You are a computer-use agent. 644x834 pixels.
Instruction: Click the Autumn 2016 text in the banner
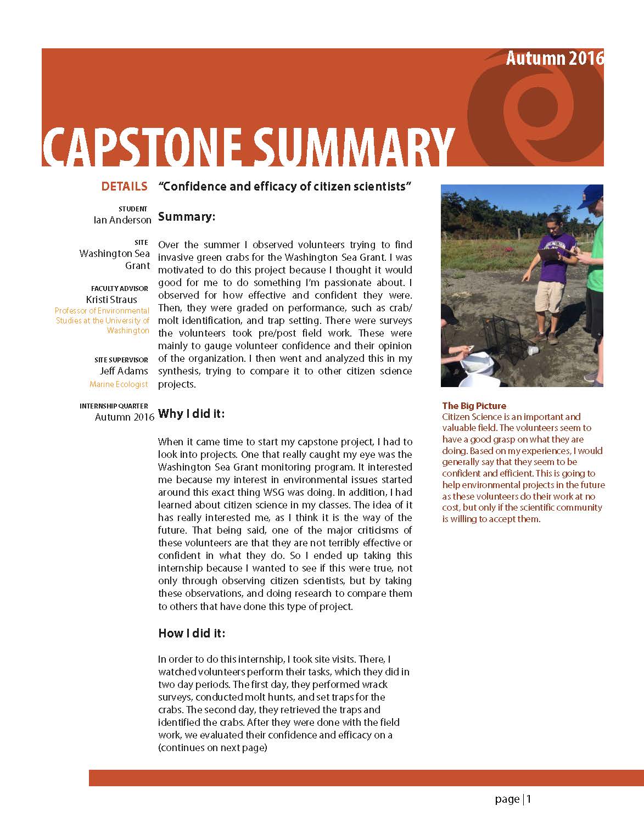(555, 58)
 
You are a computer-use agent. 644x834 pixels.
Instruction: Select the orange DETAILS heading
(125, 187)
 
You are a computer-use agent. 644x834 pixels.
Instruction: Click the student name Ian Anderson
(122, 220)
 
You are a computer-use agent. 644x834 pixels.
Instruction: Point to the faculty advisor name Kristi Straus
(111, 300)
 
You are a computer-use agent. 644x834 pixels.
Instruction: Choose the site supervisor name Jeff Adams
(124, 371)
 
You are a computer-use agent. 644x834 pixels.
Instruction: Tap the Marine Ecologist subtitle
(119, 384)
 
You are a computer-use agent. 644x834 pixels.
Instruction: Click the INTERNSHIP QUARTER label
(114, 406)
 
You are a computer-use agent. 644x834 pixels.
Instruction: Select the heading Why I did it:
(192, 414)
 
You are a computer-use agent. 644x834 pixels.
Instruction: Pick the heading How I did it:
(192, 634)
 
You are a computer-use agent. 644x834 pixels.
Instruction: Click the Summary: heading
(187, 217)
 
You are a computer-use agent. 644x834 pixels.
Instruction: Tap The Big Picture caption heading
(474, 406)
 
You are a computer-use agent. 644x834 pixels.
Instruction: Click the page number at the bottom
(513, 799)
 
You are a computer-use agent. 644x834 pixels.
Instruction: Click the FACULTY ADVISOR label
(120, 288)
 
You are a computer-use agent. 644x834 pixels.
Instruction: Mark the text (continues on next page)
(212, 748)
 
